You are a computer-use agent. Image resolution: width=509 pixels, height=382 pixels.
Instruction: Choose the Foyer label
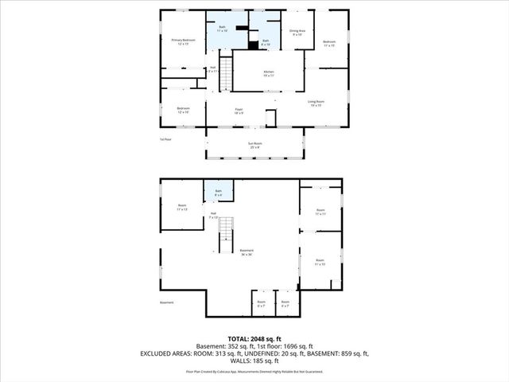(238, 111)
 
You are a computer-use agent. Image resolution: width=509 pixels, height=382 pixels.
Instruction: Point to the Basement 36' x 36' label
(246, 253)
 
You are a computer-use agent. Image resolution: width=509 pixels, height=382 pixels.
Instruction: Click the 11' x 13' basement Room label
(182, 208)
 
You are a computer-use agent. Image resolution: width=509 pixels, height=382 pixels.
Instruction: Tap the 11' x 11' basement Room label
(320, 212)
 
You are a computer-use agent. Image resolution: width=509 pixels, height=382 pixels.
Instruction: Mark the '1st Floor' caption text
(165, 138)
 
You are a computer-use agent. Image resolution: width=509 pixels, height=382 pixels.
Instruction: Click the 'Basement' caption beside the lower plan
(167, 302)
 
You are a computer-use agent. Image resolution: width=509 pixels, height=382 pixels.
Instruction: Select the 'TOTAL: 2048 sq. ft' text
(254, 338)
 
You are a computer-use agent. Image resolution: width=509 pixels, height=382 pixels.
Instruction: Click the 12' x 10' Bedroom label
(183, 111)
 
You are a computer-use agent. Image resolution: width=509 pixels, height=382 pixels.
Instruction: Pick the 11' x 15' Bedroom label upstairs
(329, 43)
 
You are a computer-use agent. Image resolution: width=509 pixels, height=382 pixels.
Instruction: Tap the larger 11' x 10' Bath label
(223, 29)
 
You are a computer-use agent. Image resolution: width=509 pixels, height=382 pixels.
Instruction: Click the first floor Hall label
(212, 69)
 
